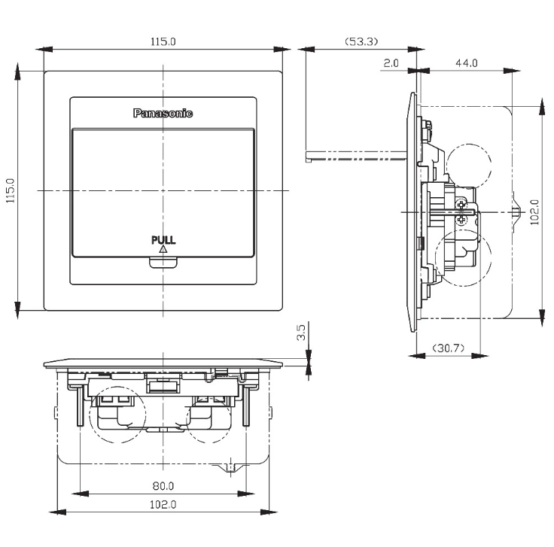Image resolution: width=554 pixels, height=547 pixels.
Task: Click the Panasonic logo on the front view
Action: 163,113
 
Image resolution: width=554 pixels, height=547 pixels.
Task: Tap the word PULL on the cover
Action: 163,240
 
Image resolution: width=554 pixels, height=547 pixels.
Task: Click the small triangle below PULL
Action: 163,249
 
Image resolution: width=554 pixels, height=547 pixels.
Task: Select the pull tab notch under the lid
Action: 163,263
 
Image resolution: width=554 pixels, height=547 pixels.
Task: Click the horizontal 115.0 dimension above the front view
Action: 163,41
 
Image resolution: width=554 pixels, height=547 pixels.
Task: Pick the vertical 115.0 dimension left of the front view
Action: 10,190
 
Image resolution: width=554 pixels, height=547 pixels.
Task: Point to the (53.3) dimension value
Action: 361,41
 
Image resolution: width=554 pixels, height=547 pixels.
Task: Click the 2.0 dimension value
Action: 391,63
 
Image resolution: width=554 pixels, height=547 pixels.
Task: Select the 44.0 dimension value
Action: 467,63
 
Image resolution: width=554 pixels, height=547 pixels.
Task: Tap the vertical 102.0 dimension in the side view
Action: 534,212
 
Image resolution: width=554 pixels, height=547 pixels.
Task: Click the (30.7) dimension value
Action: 449,348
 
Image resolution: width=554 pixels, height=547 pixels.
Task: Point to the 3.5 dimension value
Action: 300,333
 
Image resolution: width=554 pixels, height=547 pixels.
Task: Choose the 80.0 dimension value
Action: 163,486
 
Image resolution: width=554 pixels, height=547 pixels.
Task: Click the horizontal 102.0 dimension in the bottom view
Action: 163,505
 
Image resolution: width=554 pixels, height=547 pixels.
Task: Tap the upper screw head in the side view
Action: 461,204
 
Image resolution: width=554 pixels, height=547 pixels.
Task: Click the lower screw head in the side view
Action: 461,220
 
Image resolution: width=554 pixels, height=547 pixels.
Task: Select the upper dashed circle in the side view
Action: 469,166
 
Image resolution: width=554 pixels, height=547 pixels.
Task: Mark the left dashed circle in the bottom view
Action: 117,415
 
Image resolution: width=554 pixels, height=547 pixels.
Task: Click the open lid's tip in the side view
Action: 308,157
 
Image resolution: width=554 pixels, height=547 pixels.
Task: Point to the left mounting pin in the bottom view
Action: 81,406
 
